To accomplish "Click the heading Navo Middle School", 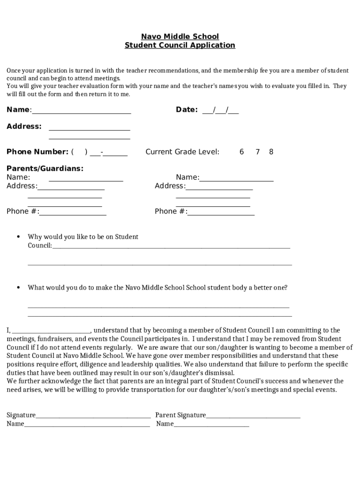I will [180, 36].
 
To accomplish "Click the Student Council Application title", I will [180, 45].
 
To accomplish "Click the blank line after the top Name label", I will [81, 112].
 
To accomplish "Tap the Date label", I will [187, 110].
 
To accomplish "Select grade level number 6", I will [242, 152].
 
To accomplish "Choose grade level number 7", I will [258, 152].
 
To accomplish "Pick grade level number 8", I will [271, 152].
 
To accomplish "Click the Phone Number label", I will [37, 152].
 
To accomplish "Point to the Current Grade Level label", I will [182, 152].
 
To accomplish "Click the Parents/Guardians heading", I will [45, 168].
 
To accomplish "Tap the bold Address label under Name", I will [24, 127].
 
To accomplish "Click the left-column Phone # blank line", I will [73, 214].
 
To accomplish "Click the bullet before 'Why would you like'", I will [18, 237].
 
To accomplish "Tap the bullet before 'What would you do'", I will [18, 288].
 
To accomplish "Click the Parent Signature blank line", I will [253, 417].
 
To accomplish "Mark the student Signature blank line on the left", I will [93, 417].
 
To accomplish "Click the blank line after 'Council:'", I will [171, 247].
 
